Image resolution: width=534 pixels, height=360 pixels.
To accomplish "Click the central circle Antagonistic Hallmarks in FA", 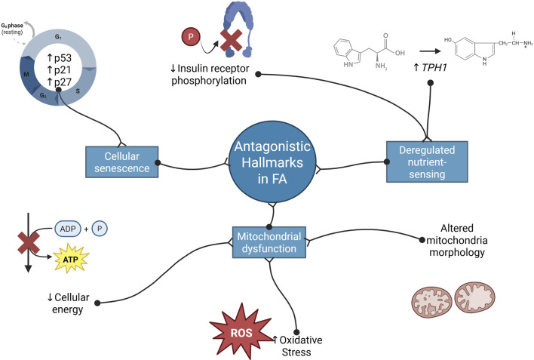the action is [272, 162].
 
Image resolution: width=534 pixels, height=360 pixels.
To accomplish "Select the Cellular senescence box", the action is [122, 162].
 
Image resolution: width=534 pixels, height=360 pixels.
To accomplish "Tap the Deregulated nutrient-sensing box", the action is [427, 162].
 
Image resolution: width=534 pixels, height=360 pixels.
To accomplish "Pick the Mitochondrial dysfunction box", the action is [269, 242].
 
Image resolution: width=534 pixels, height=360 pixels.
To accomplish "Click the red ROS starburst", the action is [241, 332].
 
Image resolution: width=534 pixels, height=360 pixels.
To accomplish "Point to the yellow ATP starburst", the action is [71, 259].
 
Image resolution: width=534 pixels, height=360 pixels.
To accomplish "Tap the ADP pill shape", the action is [68, 229].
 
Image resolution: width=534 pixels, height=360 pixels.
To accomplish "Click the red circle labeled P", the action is [191, 37].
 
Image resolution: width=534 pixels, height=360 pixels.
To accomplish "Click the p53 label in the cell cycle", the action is [60, 58].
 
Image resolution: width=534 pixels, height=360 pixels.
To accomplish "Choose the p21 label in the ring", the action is [60, 70].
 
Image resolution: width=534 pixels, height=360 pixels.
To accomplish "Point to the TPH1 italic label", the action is [430, 67].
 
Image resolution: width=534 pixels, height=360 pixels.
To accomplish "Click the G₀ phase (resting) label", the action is [12, 29].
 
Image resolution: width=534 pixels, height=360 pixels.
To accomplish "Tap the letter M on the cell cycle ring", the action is [26, 74].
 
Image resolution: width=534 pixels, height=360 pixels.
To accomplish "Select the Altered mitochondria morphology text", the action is [457, 240].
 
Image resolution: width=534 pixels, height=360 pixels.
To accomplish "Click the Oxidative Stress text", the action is [297, 346].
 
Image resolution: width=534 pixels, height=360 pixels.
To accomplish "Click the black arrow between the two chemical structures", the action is [430, 51].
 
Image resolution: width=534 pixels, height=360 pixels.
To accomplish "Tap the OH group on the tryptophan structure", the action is [400, 53].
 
